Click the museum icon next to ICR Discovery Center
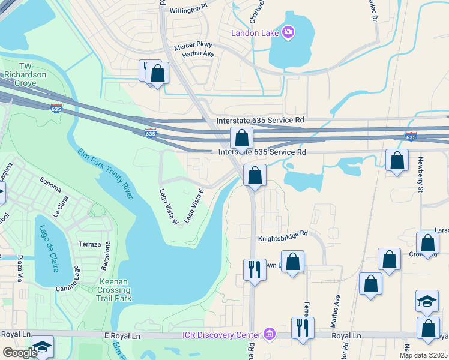tap(269, 334)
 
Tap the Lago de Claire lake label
tap(46, 248)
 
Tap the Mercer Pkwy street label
tap(193, 46)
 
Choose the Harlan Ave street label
tap(199, 53)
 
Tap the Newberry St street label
tap(421, 176)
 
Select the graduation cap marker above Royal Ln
tap(427, 301)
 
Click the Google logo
tap(20, 353)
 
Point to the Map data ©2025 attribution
tap(423, 355)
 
